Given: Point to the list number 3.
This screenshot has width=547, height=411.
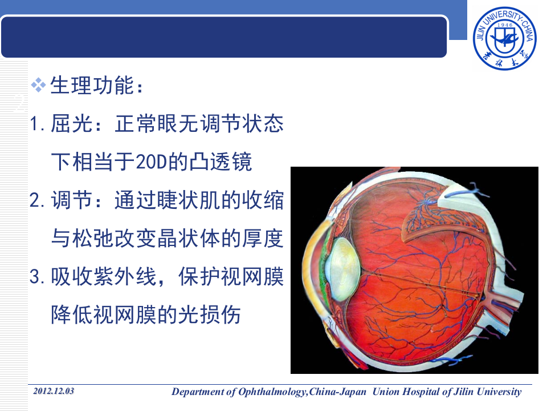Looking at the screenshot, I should pyautogui.click(x=35, y=278).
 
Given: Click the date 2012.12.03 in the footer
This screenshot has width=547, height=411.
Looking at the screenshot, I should pyautogui.click(x=54, y=392).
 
